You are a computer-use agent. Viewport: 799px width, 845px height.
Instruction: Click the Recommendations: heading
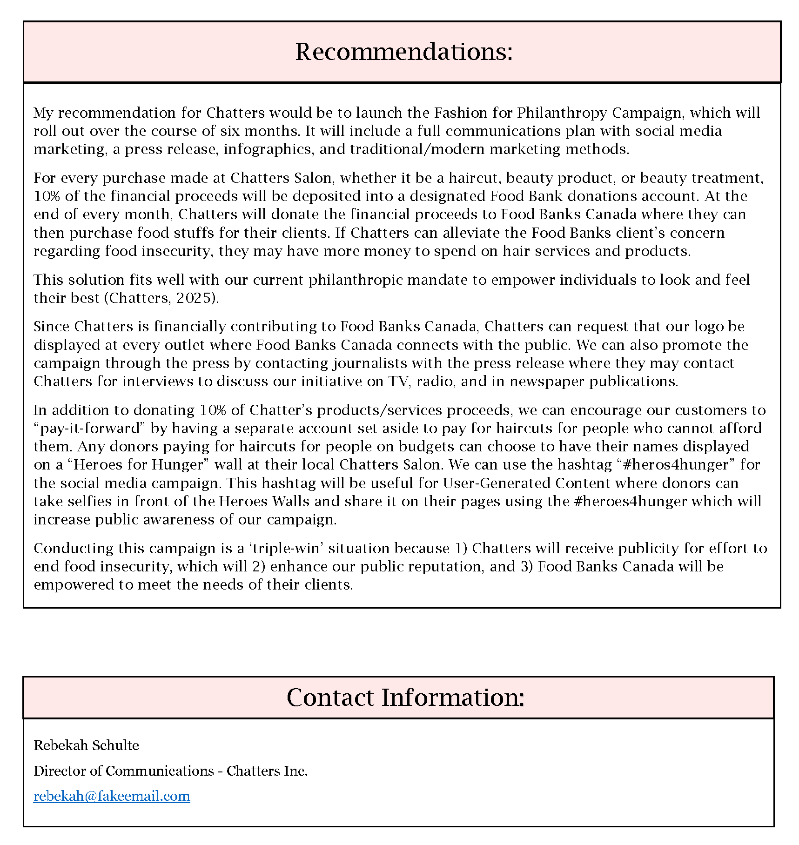[403, 52]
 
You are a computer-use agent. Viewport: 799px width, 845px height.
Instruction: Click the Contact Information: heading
[405, 697]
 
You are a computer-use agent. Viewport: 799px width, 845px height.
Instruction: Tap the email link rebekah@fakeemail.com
[112, 796]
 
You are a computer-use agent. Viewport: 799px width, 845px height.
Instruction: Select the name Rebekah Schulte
[87, 745]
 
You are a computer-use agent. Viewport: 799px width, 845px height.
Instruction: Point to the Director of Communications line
[170, 771]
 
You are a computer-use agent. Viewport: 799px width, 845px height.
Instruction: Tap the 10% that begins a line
[47, 196]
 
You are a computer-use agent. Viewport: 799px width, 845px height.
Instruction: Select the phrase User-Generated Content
[526, 483]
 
